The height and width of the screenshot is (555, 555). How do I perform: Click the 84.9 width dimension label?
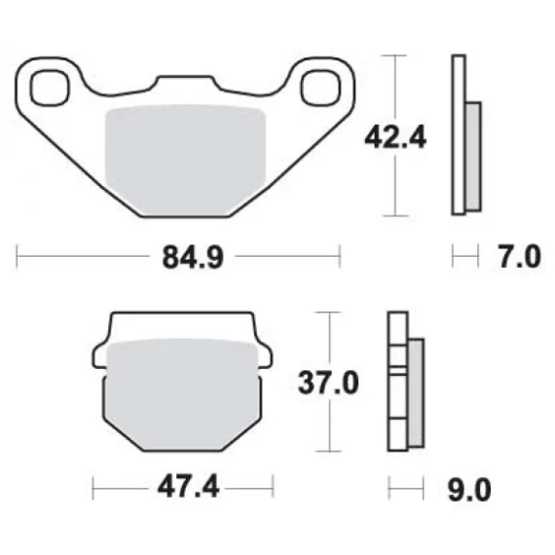click(193, 258)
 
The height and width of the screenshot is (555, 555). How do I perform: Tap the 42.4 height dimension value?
click(395, 138)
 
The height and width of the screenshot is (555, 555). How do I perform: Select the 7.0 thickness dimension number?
click(520, 257)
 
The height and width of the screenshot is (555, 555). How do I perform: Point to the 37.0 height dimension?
click(328, 383)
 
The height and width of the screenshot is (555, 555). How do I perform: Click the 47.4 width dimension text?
click(188, 488)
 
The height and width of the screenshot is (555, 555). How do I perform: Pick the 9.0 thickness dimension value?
click(469, 490)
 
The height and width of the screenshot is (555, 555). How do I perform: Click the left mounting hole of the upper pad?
click(50, 88)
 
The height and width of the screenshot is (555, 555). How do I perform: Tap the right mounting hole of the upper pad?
click(320, 88)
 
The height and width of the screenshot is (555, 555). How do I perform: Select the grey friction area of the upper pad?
click(185, 160)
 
